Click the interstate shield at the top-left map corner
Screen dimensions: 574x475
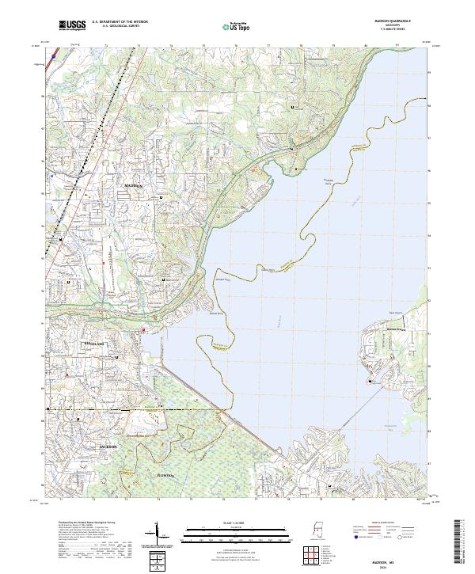pyautogui.click(x=51, y=57)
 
